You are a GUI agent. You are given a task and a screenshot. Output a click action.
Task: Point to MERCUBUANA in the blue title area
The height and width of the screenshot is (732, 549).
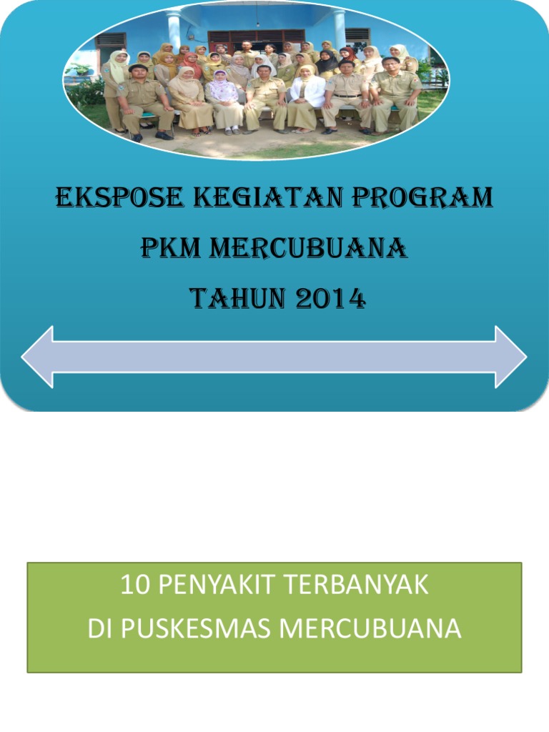(x=308, y=249)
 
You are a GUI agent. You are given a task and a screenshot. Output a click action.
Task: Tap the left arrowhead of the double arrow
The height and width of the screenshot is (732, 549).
(x=39, y=357)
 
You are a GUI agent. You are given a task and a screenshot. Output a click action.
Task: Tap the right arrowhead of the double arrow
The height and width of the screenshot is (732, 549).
(x=510, y=357)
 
